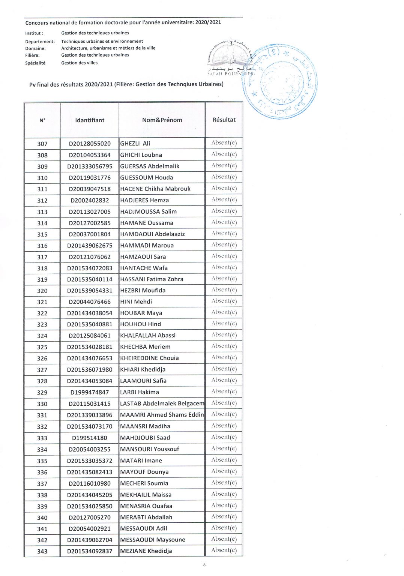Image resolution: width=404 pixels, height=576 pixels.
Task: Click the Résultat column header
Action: click(224, 120)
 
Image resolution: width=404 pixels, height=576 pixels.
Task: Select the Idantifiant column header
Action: click(90, 120)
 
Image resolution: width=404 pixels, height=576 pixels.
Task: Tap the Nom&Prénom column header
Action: click(162, 120)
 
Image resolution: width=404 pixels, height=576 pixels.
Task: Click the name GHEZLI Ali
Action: click(135, 143)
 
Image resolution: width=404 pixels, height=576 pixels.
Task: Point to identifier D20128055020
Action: click(90, 144)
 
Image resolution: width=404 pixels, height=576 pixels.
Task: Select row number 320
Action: click(42, 291)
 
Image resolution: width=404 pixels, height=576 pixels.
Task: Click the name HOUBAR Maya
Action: click(141, 313)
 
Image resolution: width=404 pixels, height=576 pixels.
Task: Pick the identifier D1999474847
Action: click(90, 392)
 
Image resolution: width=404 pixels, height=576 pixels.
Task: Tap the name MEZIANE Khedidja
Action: click(146, 551)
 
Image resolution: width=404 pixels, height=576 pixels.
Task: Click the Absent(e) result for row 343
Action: click(224, 550)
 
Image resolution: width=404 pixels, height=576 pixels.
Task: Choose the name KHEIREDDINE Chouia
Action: click(149, 358)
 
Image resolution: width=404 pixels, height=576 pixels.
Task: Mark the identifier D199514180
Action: click(90, 438)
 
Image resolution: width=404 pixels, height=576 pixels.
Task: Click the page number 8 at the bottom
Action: click(204, 565)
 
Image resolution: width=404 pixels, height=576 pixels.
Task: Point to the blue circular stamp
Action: click(280, 82)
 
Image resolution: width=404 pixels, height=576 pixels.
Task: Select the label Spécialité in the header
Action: click(35, 63)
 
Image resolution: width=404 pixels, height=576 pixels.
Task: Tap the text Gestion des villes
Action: click(79, 63)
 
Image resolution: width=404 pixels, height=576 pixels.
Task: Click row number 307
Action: click(42, 144)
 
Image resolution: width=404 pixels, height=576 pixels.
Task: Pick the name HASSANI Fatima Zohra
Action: click(152, 279)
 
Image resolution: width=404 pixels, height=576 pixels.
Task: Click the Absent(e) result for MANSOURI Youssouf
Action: click(224, 448)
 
